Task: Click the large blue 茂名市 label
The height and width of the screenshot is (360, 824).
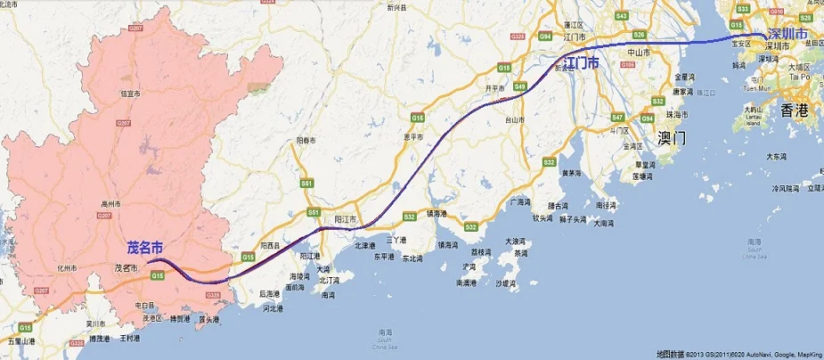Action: point(145,247)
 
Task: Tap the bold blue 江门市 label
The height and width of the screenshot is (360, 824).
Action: point(580,63)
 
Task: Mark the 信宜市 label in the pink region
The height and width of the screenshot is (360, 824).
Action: point(131,93)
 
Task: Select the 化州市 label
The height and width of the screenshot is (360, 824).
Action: point(68,267)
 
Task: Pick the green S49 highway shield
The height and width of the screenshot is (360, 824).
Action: point(520,86)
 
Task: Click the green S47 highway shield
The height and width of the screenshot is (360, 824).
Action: point(617,117)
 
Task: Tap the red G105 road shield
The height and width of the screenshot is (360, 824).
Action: point(628,64)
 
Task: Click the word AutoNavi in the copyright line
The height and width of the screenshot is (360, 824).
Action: point(750,354)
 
